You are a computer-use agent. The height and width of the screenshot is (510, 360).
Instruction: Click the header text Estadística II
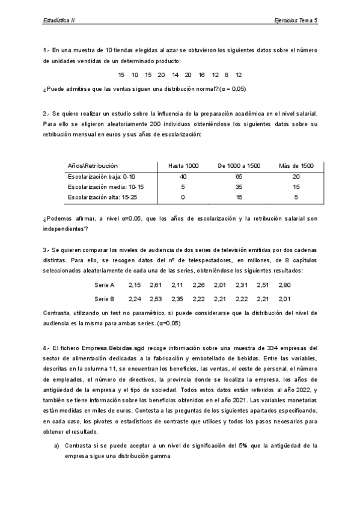pyautogui.click(x=58, y=20)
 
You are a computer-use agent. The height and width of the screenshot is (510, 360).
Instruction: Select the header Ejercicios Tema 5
pyautogui.click(x=294, y=20)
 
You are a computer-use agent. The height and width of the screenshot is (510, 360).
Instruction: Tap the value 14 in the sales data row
pyautogui.click(x=175, y=75)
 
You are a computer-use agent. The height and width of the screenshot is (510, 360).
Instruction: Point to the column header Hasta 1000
pyautogui.click(x=183, y=165)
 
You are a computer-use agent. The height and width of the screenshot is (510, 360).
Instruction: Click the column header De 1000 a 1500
pyautogui.click(x=239, y=165)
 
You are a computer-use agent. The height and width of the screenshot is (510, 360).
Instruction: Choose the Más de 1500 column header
pyautogui.click(x=296, y=165)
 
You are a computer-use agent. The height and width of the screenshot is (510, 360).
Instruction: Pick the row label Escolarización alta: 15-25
pyautogui.click(x=103, y=197)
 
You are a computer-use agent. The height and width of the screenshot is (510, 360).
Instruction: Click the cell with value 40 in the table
pyautogui.click(x=183, y=176)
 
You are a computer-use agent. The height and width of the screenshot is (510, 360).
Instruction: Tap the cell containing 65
pyautogui.click(x=239, y=176)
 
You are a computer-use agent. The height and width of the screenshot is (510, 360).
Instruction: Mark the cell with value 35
pyautogui.click(x=239, y=186)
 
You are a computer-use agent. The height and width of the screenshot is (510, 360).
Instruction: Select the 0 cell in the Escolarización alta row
pyautogui.click(x=183, y=197)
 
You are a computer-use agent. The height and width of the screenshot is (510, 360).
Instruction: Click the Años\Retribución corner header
pyautogui.click(x=93, y=165)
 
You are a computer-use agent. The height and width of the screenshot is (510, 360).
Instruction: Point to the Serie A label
pyautogui.click(x=106, y=284)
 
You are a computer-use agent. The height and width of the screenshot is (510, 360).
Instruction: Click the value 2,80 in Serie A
pyautogui.click(x=284, y=284)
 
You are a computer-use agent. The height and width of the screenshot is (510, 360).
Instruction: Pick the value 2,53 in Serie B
pyautogui.click(x=156, y=298)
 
